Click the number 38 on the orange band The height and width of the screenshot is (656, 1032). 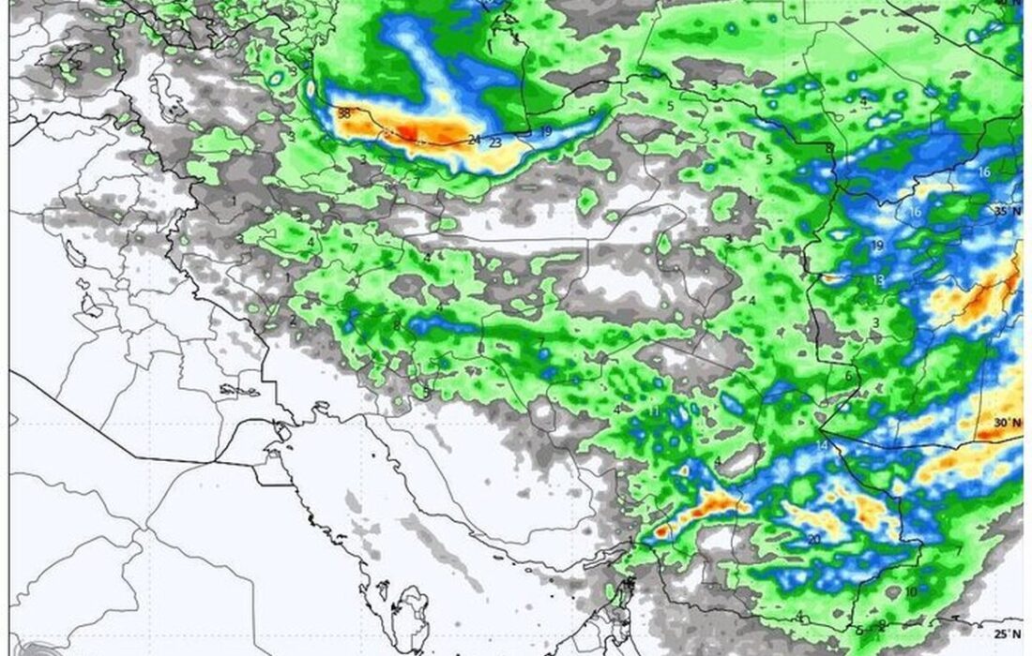point(343,113)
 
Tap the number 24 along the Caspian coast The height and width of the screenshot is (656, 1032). point(475,141)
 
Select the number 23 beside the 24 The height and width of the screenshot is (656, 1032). point(495,142)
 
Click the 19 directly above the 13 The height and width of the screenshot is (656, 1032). point(878,246)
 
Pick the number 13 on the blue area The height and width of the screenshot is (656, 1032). point(879,280)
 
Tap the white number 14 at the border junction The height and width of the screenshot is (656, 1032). point(823,445)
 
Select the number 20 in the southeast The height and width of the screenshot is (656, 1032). point(812,539)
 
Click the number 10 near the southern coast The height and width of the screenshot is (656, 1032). point(910,591)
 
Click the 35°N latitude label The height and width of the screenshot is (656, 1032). point(1006,212)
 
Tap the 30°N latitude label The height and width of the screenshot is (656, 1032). point(1006,423)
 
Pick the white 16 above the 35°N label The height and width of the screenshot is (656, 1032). point(983,171)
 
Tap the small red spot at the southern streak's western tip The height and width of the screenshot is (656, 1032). point(660,530)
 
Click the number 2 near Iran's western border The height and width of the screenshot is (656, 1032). point(294,321)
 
